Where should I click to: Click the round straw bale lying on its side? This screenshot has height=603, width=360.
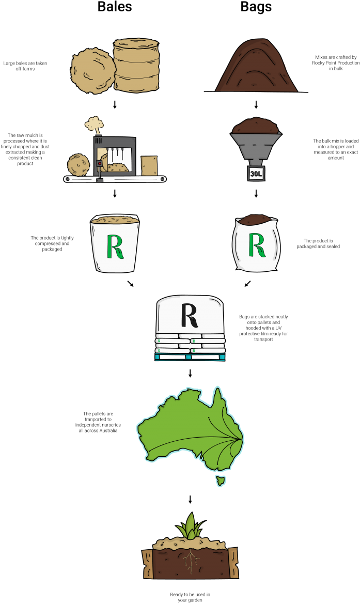[93, 71]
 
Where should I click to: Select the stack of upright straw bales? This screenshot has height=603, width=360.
[136, 65]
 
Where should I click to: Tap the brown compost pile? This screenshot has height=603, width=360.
[256, 68]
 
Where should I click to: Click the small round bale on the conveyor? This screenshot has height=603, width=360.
[79, 165]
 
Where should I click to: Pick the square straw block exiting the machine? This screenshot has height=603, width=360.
[149, 166]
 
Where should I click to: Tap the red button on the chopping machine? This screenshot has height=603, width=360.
[99, 164]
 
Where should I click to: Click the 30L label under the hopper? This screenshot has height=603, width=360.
[256, 174]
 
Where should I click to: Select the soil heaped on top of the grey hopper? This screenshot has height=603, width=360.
[256, 127]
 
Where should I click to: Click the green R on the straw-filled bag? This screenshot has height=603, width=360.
[115, 246]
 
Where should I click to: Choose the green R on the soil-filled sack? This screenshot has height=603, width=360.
[257, 244]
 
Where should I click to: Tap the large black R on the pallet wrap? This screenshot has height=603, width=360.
[190, 315]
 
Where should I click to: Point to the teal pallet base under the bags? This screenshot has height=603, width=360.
[190, 357]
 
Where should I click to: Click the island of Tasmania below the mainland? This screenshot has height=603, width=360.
[221, 481]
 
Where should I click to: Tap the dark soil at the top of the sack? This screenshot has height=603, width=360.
[256, 220]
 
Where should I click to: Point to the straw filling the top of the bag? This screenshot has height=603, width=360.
[115, 220]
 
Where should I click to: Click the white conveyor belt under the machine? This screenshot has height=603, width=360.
[115, 179]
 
